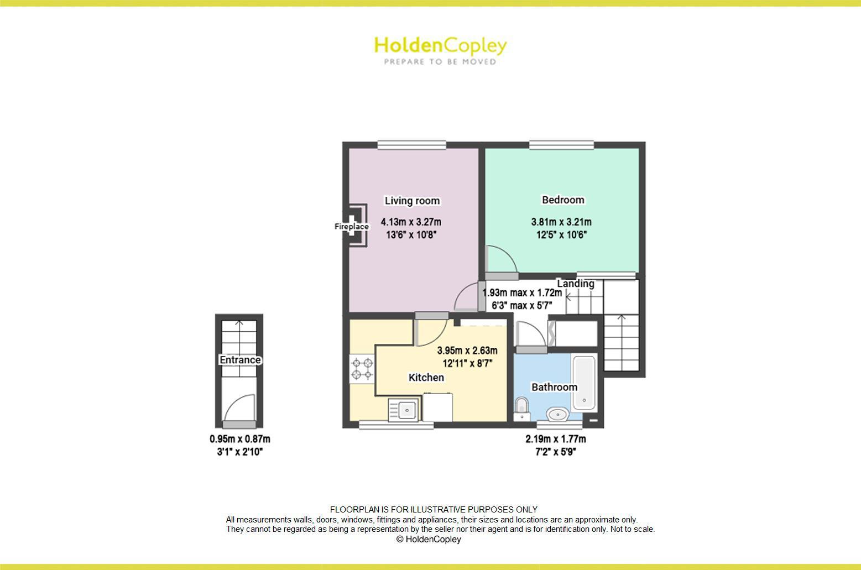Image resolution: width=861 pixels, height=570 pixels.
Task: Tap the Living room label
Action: tap(412, 201)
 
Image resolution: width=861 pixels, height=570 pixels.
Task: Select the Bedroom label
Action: tap(563, 200)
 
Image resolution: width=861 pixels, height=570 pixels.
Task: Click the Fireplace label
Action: tap(351, 227)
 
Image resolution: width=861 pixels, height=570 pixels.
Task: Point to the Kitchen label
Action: tap(426, 378)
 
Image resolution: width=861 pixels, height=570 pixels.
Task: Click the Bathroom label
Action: tap(554, 387)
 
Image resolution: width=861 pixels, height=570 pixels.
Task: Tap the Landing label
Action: tap(575, 284)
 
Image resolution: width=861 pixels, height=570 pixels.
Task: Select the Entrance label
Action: tap(240, 360)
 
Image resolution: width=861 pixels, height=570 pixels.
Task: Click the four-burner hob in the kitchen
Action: tap(362, 369)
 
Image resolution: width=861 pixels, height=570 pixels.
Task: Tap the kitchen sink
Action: tap(404, 410)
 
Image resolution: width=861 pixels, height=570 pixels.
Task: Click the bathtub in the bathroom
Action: tap(584, 383)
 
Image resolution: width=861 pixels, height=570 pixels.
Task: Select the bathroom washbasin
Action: tap(557, 414)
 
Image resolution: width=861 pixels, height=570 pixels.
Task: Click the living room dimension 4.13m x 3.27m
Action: tap(411, 222)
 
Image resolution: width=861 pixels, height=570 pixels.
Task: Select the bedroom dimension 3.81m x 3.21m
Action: tap(561, 222)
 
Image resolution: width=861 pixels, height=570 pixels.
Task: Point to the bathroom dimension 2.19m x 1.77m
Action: tap(555, 439)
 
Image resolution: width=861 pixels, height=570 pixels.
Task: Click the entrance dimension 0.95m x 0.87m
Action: tap(239, 439)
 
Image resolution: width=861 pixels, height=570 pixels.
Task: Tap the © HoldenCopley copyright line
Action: tap(429, 539)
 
